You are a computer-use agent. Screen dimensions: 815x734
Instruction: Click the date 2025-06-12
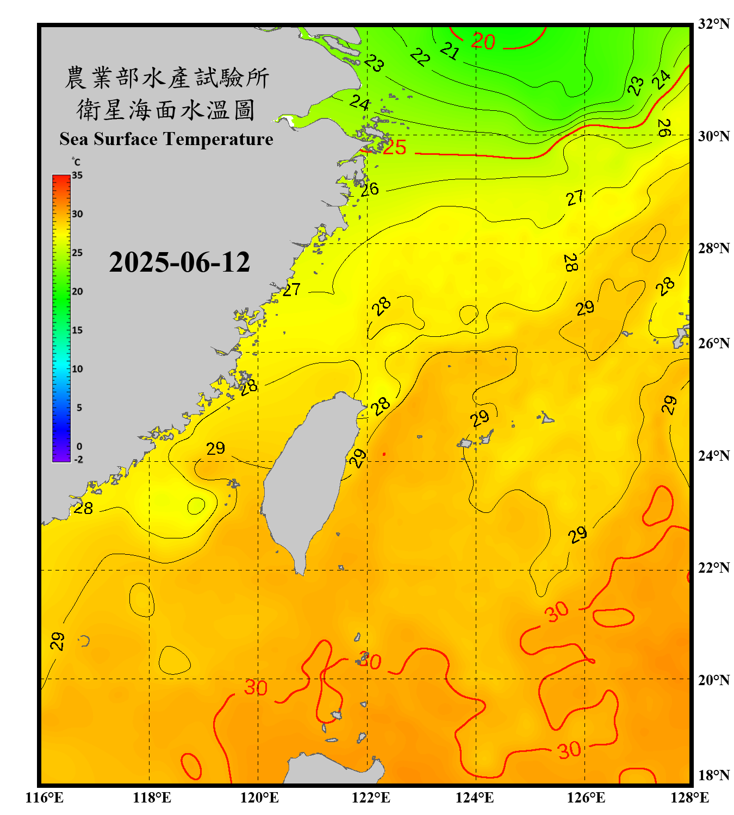[x=179, y=262]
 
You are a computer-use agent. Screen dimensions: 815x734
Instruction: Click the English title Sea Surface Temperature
[x=166, y=139]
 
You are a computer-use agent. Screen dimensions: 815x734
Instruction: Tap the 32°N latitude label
[x=713, y=24]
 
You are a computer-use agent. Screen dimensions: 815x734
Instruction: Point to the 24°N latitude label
[x=713, y=455]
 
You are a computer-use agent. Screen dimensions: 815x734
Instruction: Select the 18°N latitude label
[x=713, y=775]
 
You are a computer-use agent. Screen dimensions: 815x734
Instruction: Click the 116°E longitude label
[x=44, y=798]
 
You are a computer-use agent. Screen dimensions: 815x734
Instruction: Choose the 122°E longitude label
[x=371, y=798]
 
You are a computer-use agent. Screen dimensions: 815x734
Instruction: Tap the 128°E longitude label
[x=689, y=798]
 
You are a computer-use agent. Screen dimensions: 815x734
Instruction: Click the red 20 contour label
[x=483, y=41]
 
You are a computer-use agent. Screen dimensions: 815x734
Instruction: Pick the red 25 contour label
[x=394, y=147]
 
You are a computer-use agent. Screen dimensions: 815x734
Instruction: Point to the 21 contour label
[x=450, y=51]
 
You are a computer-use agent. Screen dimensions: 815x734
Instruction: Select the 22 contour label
[x=420, y=57]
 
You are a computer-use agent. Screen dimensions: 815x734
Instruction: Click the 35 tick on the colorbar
[x=77, y=175]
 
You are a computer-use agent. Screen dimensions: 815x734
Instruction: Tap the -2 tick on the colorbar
[x=78, y=460]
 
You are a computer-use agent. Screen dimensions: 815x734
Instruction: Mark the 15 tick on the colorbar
[x=77, y=330]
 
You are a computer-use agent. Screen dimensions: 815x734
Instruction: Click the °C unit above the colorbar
[x=76, y=162]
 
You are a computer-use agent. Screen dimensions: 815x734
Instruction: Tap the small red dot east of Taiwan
[x=384, y=454]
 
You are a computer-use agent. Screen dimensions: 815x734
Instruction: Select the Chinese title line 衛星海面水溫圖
[x=166, y=110]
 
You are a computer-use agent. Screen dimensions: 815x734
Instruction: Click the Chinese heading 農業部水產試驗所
[x=166, y=78]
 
